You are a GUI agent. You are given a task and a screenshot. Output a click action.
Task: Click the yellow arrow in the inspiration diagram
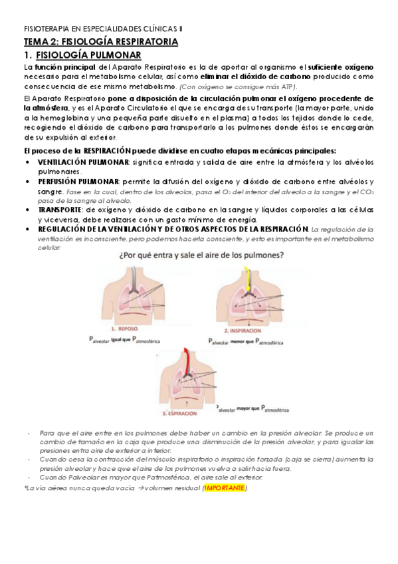[247, 279]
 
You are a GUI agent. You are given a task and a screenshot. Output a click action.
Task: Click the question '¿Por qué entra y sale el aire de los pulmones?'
[193, 255]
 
